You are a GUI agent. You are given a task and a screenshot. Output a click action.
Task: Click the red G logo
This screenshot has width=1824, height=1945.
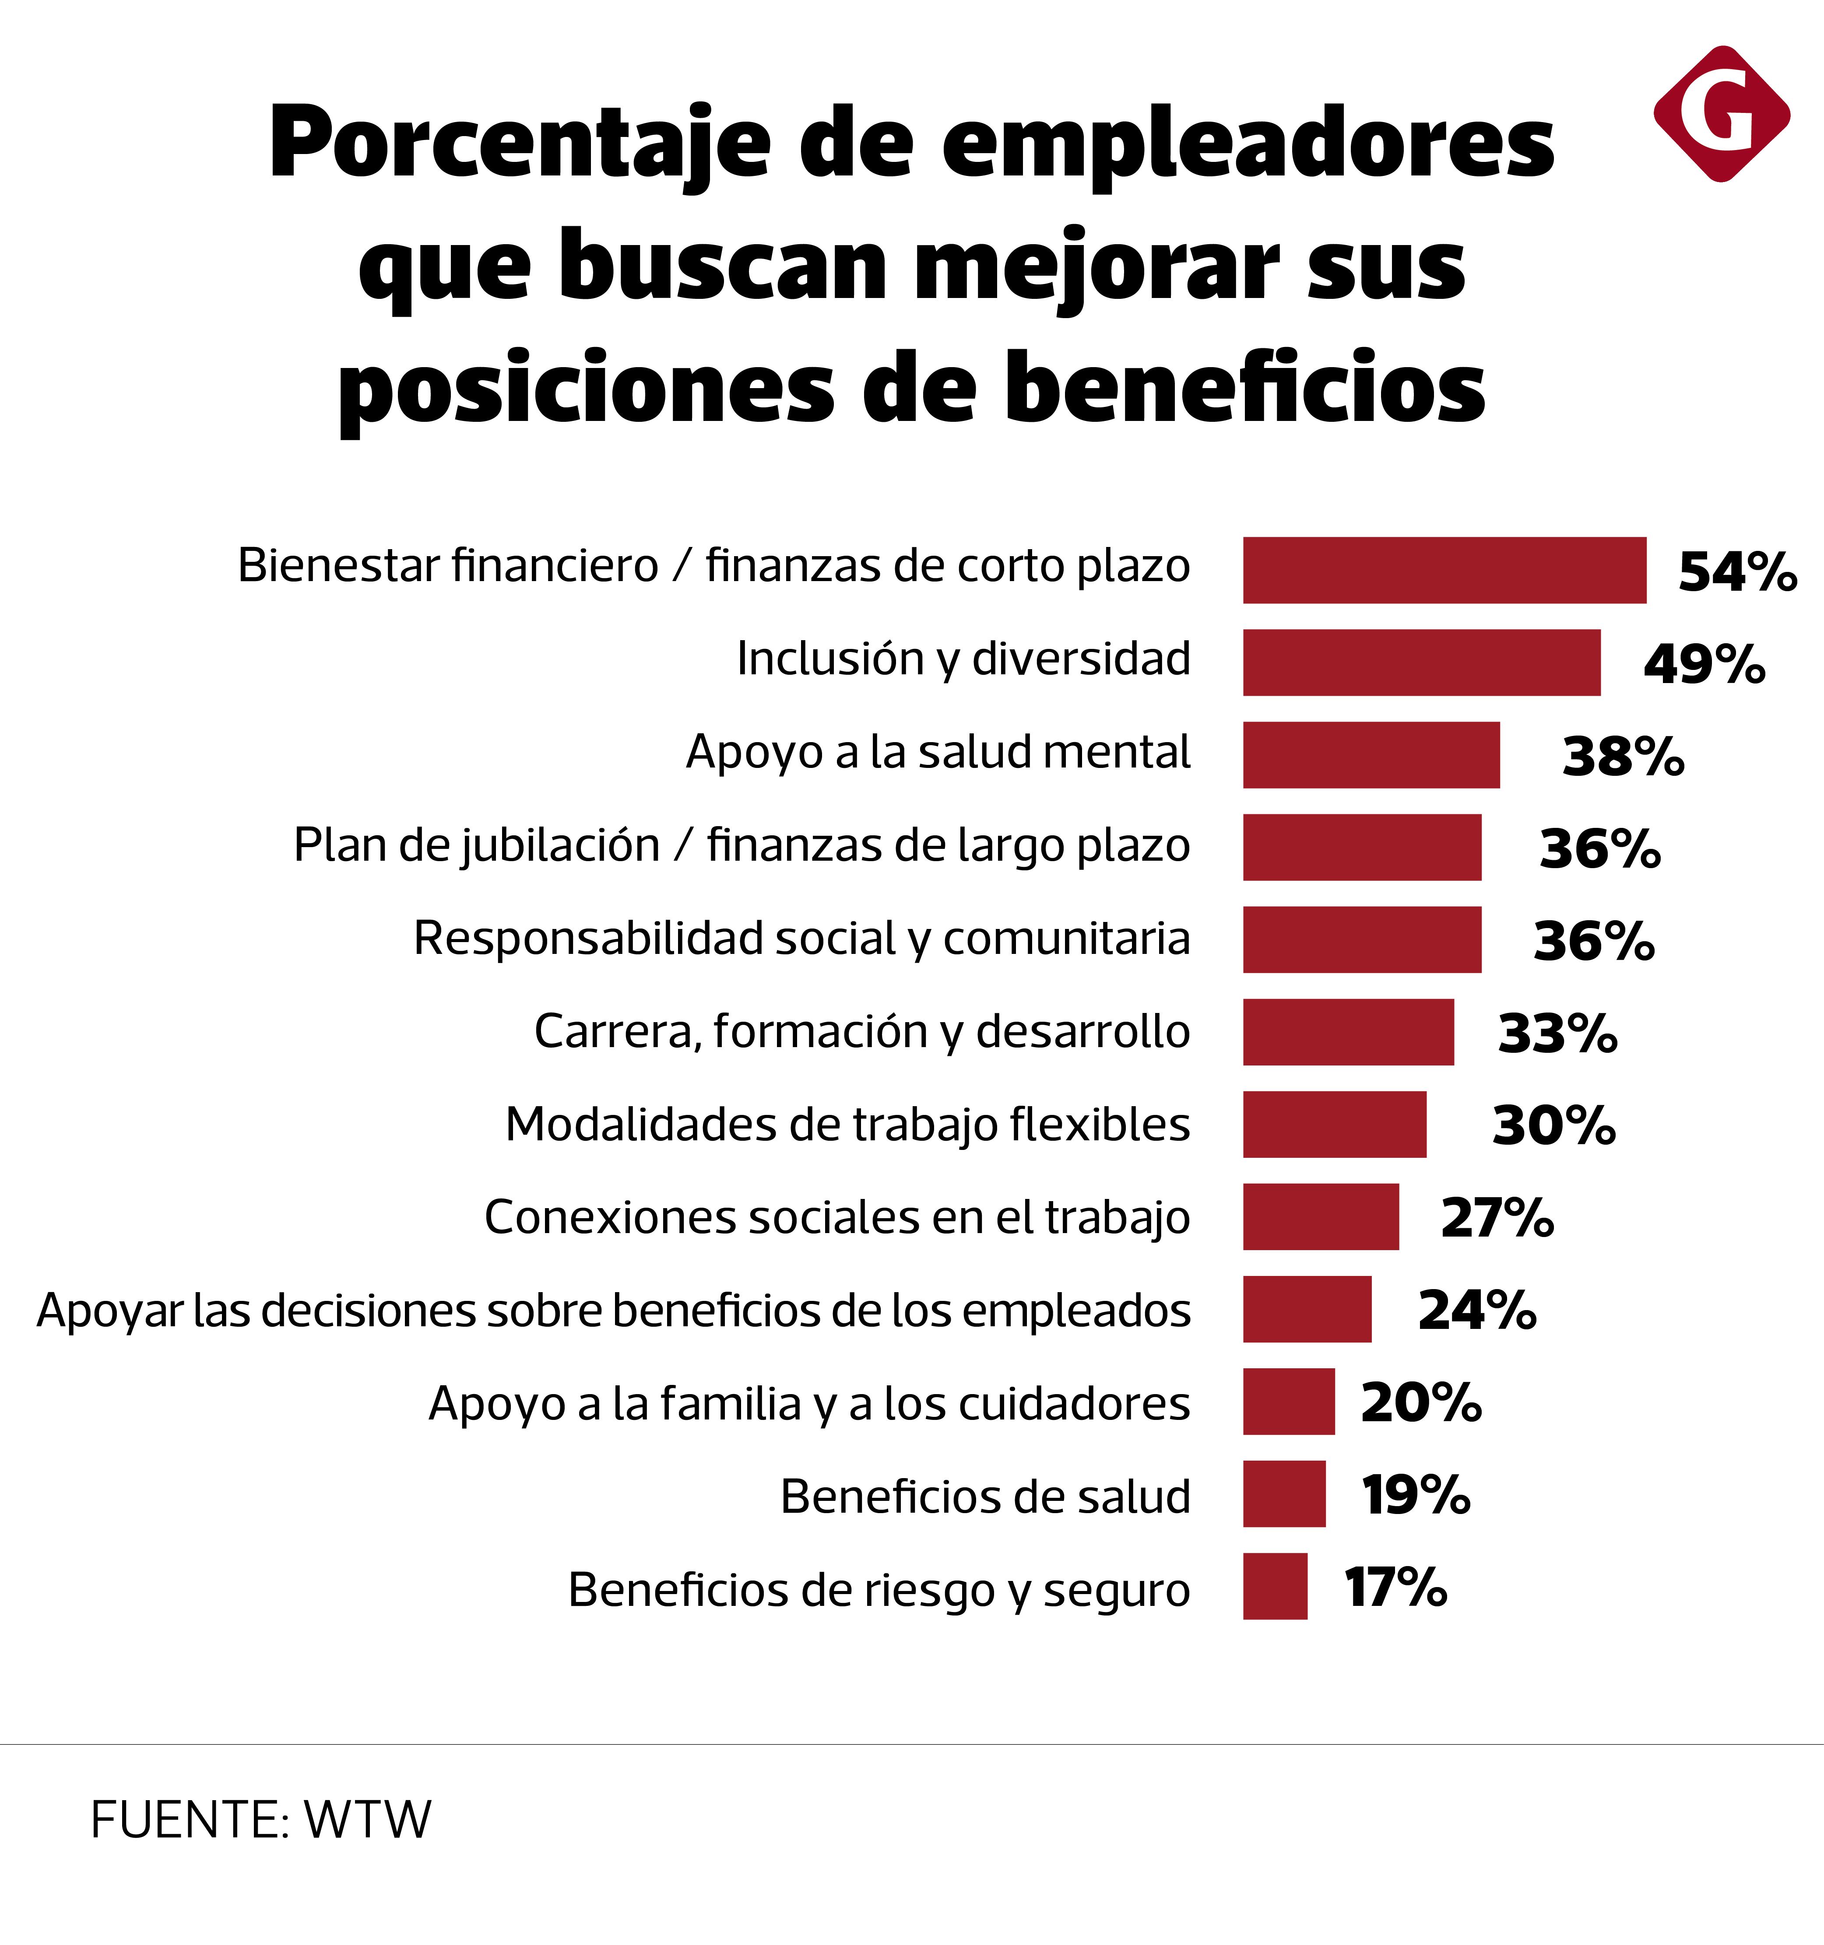[1721, 113]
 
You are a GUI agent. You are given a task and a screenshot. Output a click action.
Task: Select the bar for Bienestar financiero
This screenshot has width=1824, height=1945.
[1444, 571]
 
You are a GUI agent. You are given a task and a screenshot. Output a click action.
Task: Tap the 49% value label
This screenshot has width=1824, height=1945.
[1704, 664]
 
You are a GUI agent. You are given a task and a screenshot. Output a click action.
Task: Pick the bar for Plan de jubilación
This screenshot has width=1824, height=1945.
[1362, 847]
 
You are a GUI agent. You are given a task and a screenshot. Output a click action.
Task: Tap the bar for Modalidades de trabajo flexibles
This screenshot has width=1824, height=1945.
[1335, 1124]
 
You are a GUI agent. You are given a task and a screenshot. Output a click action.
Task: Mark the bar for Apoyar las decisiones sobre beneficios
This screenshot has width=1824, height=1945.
[1307, 1309]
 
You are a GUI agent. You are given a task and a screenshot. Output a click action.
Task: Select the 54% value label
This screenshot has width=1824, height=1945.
[1737, 572]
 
